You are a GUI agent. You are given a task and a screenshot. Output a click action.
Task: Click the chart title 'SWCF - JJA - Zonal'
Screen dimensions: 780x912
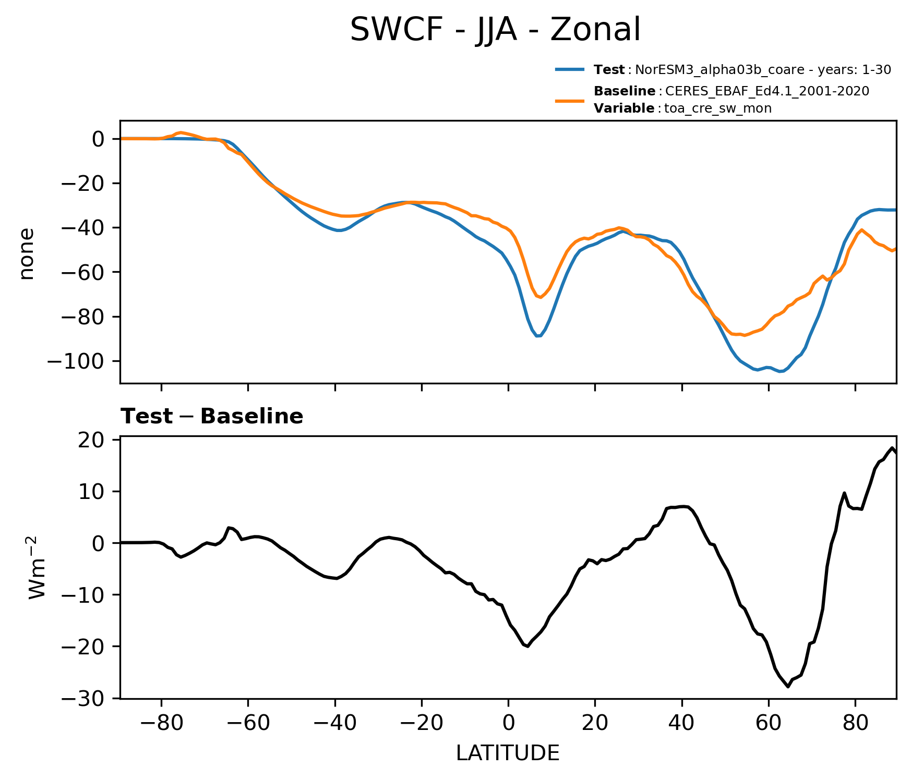coord(495,30)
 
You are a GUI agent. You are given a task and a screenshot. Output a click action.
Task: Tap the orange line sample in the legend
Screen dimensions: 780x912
coord(569,101)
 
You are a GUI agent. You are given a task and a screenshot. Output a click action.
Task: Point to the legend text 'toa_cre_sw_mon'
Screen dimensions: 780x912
coord(718,108)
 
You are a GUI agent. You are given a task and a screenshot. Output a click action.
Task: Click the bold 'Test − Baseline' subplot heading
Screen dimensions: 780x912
coord(212,417)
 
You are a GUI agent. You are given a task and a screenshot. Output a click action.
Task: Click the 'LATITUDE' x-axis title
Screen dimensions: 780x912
coord(508,753)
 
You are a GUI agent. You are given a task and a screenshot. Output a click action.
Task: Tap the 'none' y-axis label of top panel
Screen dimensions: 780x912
coord(27,254)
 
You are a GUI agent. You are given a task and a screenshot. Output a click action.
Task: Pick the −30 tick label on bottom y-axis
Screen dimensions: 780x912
coord(90,698)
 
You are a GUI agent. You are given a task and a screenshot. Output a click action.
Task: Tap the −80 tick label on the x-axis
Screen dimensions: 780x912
coord(161,723)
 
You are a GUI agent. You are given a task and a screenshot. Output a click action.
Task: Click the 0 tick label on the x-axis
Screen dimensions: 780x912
coord(508,723)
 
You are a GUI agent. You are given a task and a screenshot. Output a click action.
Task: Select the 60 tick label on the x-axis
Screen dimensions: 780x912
coord(768,723)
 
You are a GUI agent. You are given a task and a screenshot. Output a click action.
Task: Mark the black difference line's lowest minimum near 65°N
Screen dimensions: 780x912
coord(788,687)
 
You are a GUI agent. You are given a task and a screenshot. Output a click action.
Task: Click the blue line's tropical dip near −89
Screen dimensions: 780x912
coord(538,336)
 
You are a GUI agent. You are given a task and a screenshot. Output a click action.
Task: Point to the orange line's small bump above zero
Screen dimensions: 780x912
coord(181,132)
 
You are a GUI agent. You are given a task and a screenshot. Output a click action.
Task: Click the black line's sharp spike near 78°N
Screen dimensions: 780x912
coord(844,493)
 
